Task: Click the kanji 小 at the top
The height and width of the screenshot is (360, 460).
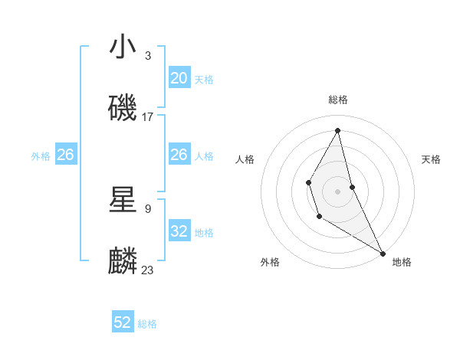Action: click(x=123, y=47)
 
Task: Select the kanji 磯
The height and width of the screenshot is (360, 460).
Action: click(x=123, y=108)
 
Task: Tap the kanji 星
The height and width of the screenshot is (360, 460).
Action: click(x=123, y=200)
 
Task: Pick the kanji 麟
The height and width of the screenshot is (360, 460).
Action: click(x=123, y=261)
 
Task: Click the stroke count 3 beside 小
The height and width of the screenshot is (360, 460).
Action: click(x=148, y=56)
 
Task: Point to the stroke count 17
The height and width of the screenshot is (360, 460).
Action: click(x=148, y=117)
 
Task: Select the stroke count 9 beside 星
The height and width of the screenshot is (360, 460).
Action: click(x=148, y=208)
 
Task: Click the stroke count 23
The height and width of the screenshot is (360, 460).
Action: click(x=148, y=270)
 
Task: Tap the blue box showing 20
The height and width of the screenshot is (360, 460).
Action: click(x=179, y=78)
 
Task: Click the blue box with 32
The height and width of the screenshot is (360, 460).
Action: click(x=179, y=231)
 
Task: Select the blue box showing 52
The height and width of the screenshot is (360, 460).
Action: click(x=123, y=322)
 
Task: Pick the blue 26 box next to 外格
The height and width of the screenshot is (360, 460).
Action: click(x=65, y=155)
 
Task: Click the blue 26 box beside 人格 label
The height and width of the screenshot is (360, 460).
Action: click(x=179, y=155)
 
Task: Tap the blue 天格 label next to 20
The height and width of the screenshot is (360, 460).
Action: click(x=204, y=80)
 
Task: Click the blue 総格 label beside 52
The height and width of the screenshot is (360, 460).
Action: click(x=147, y=324)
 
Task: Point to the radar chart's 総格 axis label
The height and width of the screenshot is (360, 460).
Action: click(x=338, y=100)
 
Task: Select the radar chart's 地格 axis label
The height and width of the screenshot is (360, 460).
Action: click(x=402, y=262)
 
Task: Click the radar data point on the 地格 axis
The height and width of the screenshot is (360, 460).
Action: click(x=383, y=253)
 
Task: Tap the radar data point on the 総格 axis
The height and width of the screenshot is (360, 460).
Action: click(x=338, y=130)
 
